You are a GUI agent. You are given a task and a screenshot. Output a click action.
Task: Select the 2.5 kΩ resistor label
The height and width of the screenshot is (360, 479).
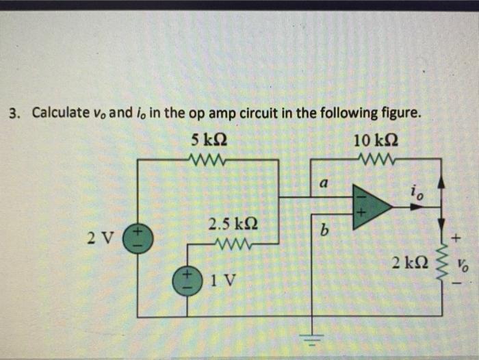click(x=233, y=224)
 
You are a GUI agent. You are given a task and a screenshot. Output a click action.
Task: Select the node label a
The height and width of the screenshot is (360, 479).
click(x=324, y=183)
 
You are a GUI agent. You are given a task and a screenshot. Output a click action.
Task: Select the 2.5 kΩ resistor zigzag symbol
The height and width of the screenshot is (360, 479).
click(x=232, y=243)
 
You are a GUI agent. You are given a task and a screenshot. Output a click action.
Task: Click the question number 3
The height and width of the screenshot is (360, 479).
click(x=12, y=112)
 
